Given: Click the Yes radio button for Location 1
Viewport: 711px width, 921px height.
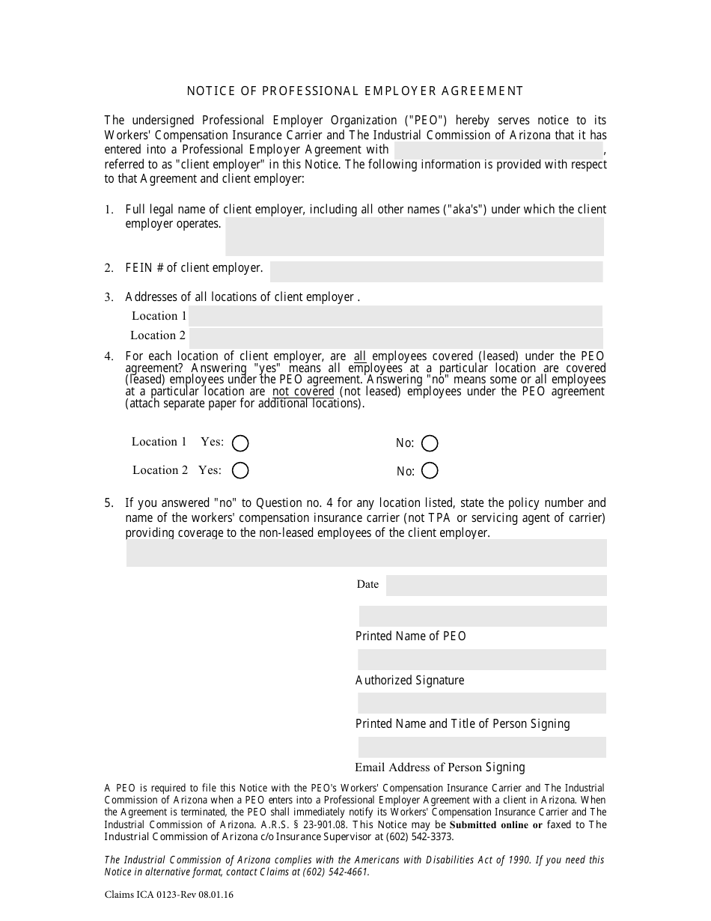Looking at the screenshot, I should point(240,443).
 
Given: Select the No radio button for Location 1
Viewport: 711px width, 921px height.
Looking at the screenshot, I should point(430,443).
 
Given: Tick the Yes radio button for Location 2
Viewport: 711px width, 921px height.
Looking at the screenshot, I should point(240,470).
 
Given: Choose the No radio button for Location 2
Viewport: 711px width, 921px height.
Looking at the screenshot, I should point(430,470).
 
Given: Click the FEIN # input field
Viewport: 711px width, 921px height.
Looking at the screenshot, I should point(436,271).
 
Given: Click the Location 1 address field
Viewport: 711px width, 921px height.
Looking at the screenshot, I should point(395,315).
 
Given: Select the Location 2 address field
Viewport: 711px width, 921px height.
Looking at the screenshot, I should point(395,335).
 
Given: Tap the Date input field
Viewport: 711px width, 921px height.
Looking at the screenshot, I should point(495,585).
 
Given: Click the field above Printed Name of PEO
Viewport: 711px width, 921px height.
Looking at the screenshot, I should point(482,615).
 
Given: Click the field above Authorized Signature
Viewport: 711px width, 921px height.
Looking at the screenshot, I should point(482,660).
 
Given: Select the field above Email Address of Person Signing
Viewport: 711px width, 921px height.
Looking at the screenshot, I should point(482,747).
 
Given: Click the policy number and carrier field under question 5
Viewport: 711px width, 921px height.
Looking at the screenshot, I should point(366,553).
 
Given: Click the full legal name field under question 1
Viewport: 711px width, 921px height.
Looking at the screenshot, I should point(414,237).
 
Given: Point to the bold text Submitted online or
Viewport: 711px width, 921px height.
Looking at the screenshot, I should point(495,824).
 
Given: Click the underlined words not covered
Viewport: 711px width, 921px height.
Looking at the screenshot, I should point(303,392).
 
